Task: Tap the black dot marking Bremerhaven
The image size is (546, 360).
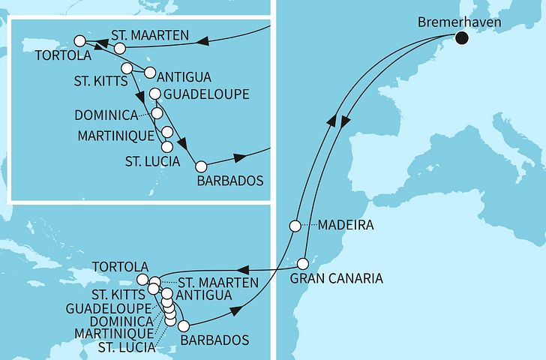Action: (x=460, y=39)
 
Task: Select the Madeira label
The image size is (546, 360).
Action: (x=345, y=225)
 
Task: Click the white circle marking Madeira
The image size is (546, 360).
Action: (x=296, y=226)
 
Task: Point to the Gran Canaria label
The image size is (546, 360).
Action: (x=337, y=278)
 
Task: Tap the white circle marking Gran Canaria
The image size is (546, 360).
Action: (x=303, y=264)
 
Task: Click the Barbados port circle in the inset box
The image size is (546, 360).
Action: (x=199, y=166)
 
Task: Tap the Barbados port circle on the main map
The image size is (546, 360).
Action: (x=184, y=325)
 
